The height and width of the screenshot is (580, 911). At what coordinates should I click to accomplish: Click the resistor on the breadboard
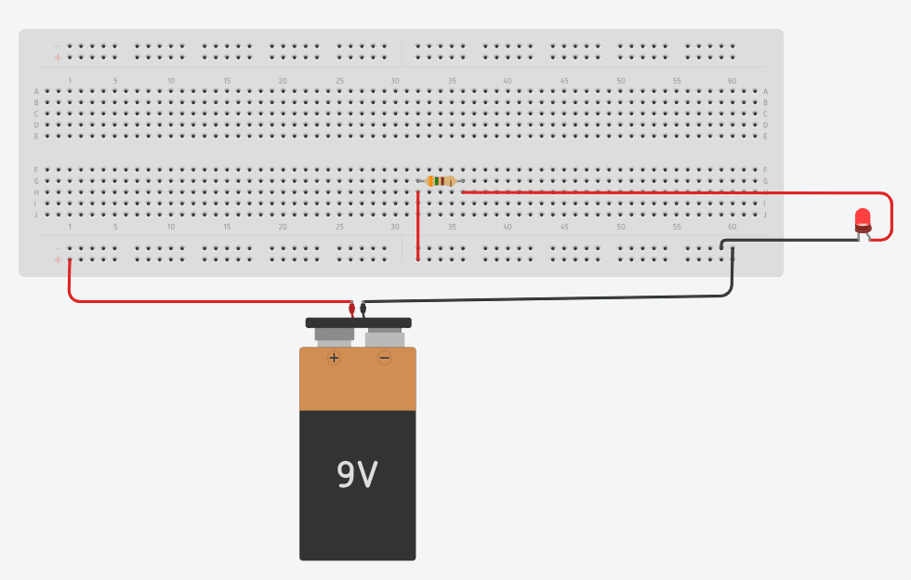click(x=440, y=181)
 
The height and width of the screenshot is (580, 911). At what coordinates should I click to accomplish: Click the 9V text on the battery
click(x=357, y=475)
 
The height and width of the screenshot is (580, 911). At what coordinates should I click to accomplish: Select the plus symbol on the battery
click(x=334, y=358)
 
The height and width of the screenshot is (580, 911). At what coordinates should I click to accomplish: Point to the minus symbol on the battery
click(x=384, y=358)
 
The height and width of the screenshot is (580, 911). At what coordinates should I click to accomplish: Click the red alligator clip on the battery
click(x=351, y=309)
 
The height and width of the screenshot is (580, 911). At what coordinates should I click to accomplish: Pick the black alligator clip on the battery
click(x=363, y=309)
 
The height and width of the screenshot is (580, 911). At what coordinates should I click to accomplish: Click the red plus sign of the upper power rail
click(x=58, y=58)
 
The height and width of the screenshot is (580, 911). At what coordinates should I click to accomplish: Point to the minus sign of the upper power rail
click(x=58, y=46)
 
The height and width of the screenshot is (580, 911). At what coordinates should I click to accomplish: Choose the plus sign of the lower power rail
click(x=58, y=260)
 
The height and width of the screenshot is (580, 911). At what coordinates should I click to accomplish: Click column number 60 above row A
click(x=733, y=81)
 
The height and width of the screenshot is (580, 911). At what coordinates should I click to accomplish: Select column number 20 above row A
click(x=283, y=81)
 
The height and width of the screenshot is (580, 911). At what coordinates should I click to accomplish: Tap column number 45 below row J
click(x=564, y=227)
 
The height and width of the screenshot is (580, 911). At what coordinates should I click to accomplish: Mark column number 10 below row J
click(x=171, y=227)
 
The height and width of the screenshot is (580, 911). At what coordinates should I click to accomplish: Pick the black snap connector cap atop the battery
click(x=358, y=323)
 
